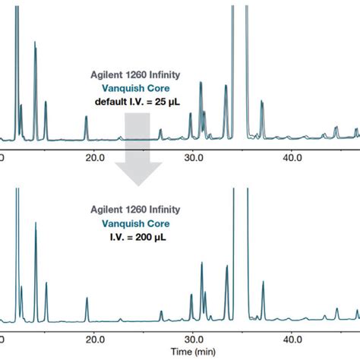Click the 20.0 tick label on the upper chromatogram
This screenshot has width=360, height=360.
coord(94,157)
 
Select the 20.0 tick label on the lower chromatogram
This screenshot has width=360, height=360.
coord(94,338)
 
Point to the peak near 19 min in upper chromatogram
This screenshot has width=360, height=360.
coord(86,118)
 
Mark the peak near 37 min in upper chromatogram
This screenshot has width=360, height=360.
coord(262,105)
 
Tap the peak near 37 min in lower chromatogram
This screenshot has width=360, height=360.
coord(263,285)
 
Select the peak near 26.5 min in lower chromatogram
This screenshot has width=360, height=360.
coord(161,312)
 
